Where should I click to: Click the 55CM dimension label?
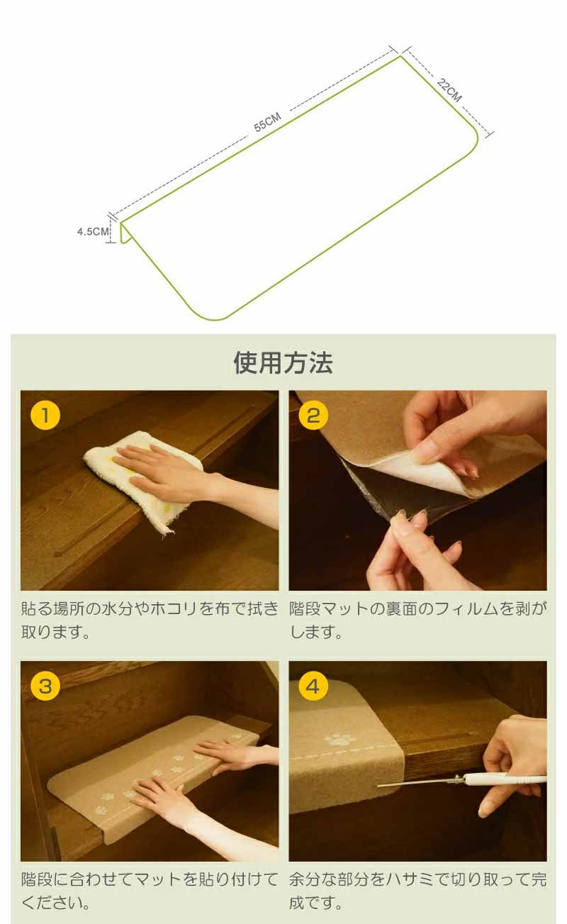point(267,122)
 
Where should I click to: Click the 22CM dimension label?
point(449,89)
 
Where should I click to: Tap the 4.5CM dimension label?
point(93,231)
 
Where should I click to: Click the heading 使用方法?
point(283,362)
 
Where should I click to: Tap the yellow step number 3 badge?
point(45,686)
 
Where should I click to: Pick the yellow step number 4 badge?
point(313,686)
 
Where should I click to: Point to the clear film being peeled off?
point(379,495)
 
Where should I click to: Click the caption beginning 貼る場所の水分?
point(150,620)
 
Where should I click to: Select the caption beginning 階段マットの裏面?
point(417,620)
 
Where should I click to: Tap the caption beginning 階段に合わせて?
point(150,891)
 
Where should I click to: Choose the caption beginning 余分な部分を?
point(417,891)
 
